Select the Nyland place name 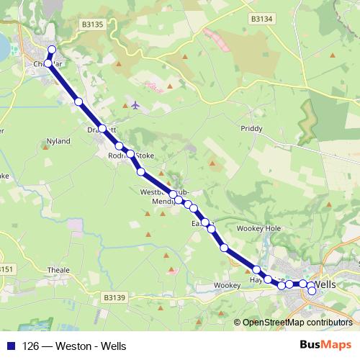pyautogui.click(x=58, y=141)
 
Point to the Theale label pyautogui.click(x=59, y=270)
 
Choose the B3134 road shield pyautogui.click(x=260, y=19)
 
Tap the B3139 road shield pyautogui.click(x=114, y=297)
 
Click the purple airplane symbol pyautogui.click(x=135, y=105)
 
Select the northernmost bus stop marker pyautogui.click(x=51, y=50)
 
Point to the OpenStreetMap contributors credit pyautogui.click(x=297, y=323)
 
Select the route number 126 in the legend pyautogui.click(x=31, y=345)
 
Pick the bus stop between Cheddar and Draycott pyautogui.click(x=78, y=102)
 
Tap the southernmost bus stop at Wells pyautogui.click(x=312, y=292)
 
